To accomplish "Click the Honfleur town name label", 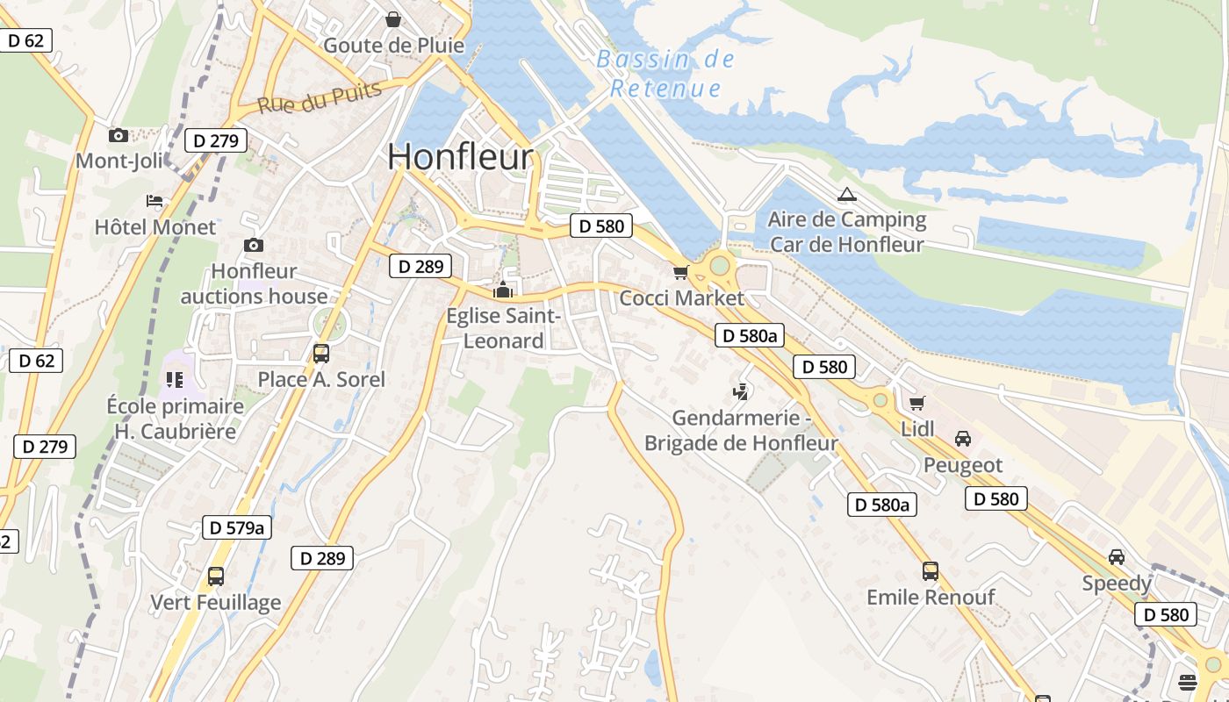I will [x=460, y=157].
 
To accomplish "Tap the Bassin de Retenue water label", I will [x=665, y=74].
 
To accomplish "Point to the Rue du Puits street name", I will [x=320, y=97].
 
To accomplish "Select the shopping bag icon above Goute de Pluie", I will [x=393, y=18].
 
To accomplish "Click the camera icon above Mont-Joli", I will [x=118, y=135].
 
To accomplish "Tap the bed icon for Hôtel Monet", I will [x=155, y=201].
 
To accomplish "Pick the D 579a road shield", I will [x=236, y=527].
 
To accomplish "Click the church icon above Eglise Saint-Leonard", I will [x=503, y=290].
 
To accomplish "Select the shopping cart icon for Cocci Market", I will [x=680, y=273].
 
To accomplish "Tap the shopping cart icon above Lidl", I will [x=917, y=403].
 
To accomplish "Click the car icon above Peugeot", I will [x=963, y=438].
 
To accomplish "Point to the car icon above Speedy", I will [x=1117, y=557].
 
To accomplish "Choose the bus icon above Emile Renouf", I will [x=931, y=571].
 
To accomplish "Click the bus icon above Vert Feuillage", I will [x=216, y=577].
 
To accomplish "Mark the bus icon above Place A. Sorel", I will [x=321, y=354].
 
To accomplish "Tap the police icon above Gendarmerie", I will [x=741, y=391].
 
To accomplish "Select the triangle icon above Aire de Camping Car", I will [x=846, y=194].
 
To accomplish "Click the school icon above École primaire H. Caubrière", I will [x=173, y=380].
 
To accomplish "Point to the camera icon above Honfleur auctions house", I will [x=254, y=245].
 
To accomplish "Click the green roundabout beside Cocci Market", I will [x=720, y=264].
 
